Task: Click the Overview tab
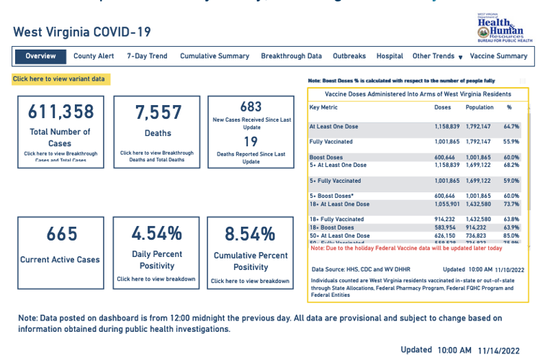(x=40, y=56)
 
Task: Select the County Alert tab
(x=94, y=56)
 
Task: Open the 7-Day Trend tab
(x=147, y=56)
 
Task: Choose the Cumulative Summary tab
(x=215, y=56)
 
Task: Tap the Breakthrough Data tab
(x=291, y=56)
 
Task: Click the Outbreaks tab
(x=349, y=56)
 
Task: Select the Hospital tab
(x=390, y=56)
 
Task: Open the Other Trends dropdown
(x=437, y=56)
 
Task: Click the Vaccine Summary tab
(x=498, y=56)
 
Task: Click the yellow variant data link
(x=59, y=78)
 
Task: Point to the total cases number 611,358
(x=60, y=112)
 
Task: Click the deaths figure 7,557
(x=158, y=112)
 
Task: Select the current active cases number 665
(x=61, y=235)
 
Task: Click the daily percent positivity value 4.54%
(x=157, y=233)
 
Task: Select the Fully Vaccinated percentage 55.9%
(x=512, y=142)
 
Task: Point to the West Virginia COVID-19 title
(x=81, y=32)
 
